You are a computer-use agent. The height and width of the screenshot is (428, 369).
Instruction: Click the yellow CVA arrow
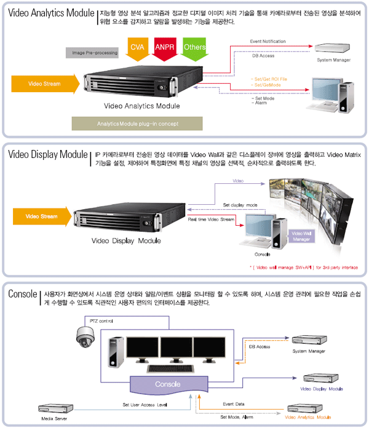137,48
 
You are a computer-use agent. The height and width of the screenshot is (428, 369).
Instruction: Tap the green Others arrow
194,48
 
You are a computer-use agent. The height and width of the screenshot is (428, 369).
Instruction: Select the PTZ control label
101,320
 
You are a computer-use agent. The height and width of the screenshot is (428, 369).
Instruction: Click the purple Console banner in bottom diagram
167,384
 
